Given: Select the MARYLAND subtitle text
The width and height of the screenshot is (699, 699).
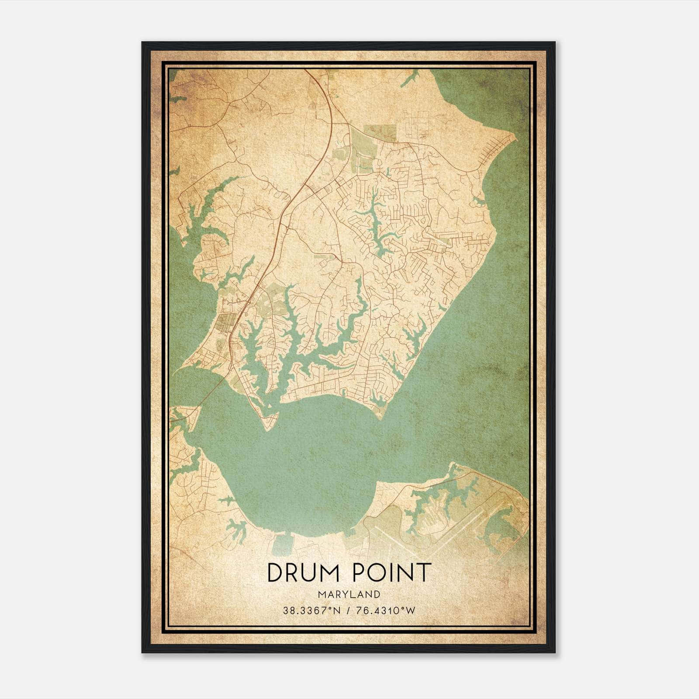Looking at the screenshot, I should [x=349, y=595].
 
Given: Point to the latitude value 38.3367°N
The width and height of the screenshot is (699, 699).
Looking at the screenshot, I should [x=311, y=610].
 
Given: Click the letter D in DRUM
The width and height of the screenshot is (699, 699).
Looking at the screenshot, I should [x=274, y=573].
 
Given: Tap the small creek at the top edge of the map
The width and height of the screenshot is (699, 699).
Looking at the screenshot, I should [x=411, y=79].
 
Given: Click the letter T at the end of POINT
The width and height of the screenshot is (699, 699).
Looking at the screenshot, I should [x=424, y=573].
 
